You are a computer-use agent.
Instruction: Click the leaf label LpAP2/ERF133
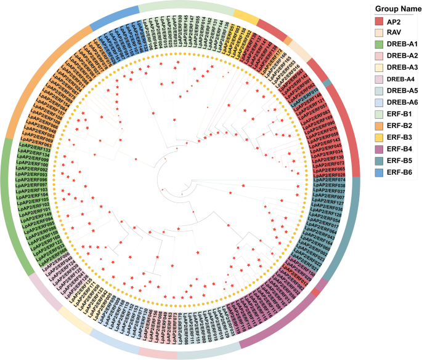pyautogui.click(x=34, y=148)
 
